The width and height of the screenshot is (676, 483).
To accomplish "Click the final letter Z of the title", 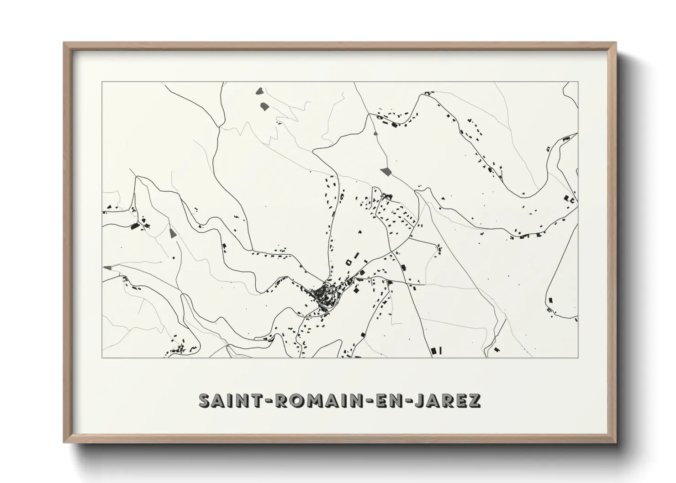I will click(x=474, y=400).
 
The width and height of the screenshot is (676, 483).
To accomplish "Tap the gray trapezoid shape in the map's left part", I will click(x=172, y=233).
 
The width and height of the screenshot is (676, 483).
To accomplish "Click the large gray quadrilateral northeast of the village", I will click(x=386, y=172).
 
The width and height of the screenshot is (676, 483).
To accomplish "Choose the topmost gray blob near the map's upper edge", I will click(x=260, y=91).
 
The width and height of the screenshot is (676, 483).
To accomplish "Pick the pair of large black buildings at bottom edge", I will click(x=436, y=350).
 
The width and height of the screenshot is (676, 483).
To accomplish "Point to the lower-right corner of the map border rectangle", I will click(x=578, y=357).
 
